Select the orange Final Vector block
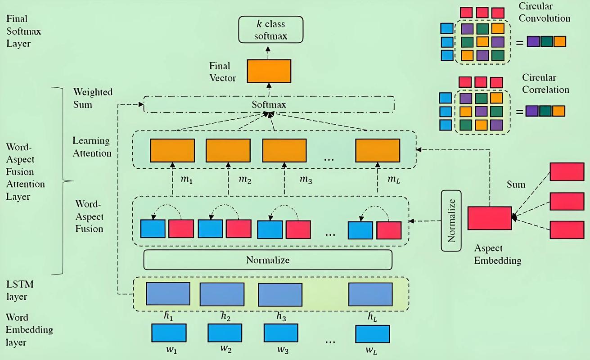269,71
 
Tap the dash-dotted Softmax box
269,104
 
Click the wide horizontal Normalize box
268,260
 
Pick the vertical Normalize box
452,220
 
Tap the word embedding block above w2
225,333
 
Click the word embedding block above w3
281,333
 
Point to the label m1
186,180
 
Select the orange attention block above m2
228,150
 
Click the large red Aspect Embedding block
489,218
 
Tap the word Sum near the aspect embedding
516,184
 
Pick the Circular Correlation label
545,84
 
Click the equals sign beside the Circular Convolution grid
519,43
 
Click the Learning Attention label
92,147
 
